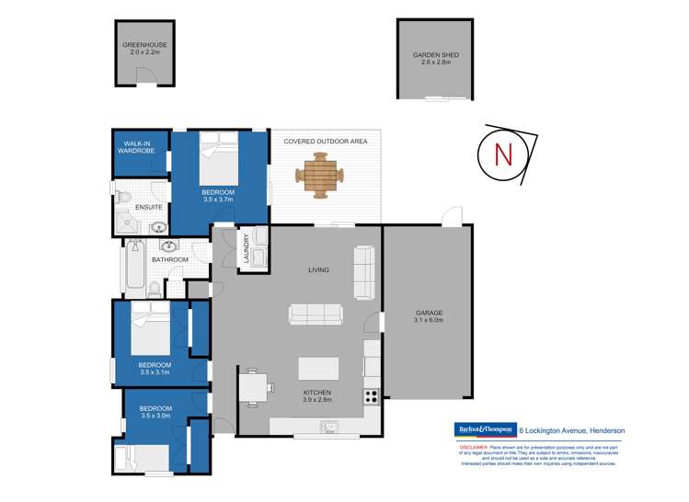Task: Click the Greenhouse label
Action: tap(142, 48)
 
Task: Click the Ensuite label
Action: tap(149, 207)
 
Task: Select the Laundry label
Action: tap(247, 247)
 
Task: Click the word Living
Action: tap(318, 270)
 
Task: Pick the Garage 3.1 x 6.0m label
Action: tap(429, 318)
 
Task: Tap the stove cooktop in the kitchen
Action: tap(373, 396)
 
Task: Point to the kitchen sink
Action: tap(328, 426)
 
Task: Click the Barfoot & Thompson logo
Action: tap(487, 429)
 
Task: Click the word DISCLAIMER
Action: tap(476, 444)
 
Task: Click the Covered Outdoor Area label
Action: tap(326, 141)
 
